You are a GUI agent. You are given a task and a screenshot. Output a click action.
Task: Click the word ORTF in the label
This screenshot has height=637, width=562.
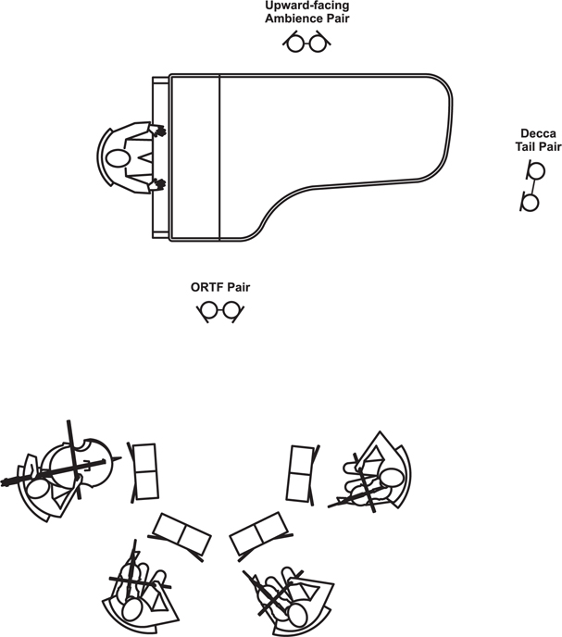point(206,287)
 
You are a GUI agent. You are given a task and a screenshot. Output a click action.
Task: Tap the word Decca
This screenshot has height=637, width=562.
point(538,133)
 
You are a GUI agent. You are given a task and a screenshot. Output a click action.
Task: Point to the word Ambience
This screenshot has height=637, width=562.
point(290,19)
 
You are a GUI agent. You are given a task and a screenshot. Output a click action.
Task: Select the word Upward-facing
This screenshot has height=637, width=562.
point(307,6)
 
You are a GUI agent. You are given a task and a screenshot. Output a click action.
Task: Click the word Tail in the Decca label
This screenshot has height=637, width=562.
point(527,146)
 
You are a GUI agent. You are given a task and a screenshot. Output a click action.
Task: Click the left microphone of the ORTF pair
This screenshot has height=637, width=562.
point(209,311)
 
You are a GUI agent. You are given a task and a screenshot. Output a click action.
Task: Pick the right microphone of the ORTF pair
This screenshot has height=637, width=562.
point(232,311)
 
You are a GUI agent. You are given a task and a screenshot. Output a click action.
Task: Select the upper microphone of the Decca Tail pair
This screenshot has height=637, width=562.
point(535,170)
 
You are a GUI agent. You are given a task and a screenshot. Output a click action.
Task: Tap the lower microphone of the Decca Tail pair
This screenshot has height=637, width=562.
point(530,203)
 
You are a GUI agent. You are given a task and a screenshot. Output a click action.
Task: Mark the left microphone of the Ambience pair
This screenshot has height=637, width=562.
point(294,43)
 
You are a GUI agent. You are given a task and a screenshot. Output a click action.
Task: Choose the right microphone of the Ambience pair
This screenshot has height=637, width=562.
point(318,43)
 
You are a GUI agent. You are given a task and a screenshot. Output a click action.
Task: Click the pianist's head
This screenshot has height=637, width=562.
point(118,158)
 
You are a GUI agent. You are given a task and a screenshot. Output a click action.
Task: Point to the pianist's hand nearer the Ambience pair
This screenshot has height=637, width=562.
point(157,131)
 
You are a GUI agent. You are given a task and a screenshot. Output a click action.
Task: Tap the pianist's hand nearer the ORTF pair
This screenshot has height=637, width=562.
point(157,185)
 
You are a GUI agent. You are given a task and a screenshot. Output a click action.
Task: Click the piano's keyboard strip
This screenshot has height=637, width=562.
point(161,156)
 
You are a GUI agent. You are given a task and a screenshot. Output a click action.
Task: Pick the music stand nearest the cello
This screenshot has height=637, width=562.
point(144,472)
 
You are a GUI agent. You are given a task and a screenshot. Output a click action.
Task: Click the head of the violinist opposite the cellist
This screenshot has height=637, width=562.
point(391,479)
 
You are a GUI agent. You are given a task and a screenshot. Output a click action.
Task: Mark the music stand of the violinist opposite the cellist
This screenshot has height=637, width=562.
point(303,474)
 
